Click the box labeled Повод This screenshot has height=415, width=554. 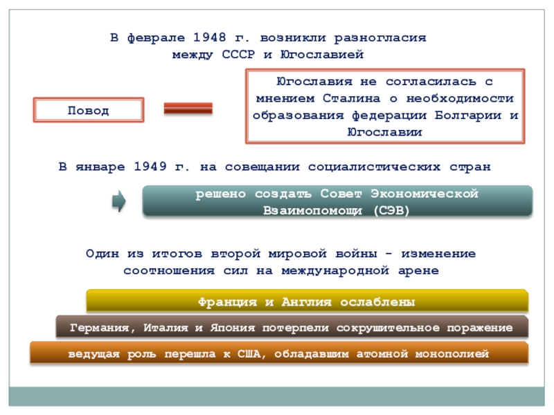pos(89,110)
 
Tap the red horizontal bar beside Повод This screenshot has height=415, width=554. pos(188,109)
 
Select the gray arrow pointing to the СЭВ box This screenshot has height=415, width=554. pos(118,201)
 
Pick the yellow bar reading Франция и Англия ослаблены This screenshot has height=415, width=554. pos(307,302)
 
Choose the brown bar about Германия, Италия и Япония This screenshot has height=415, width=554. pos(292,327)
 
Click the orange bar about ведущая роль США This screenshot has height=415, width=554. pos(278,353)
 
